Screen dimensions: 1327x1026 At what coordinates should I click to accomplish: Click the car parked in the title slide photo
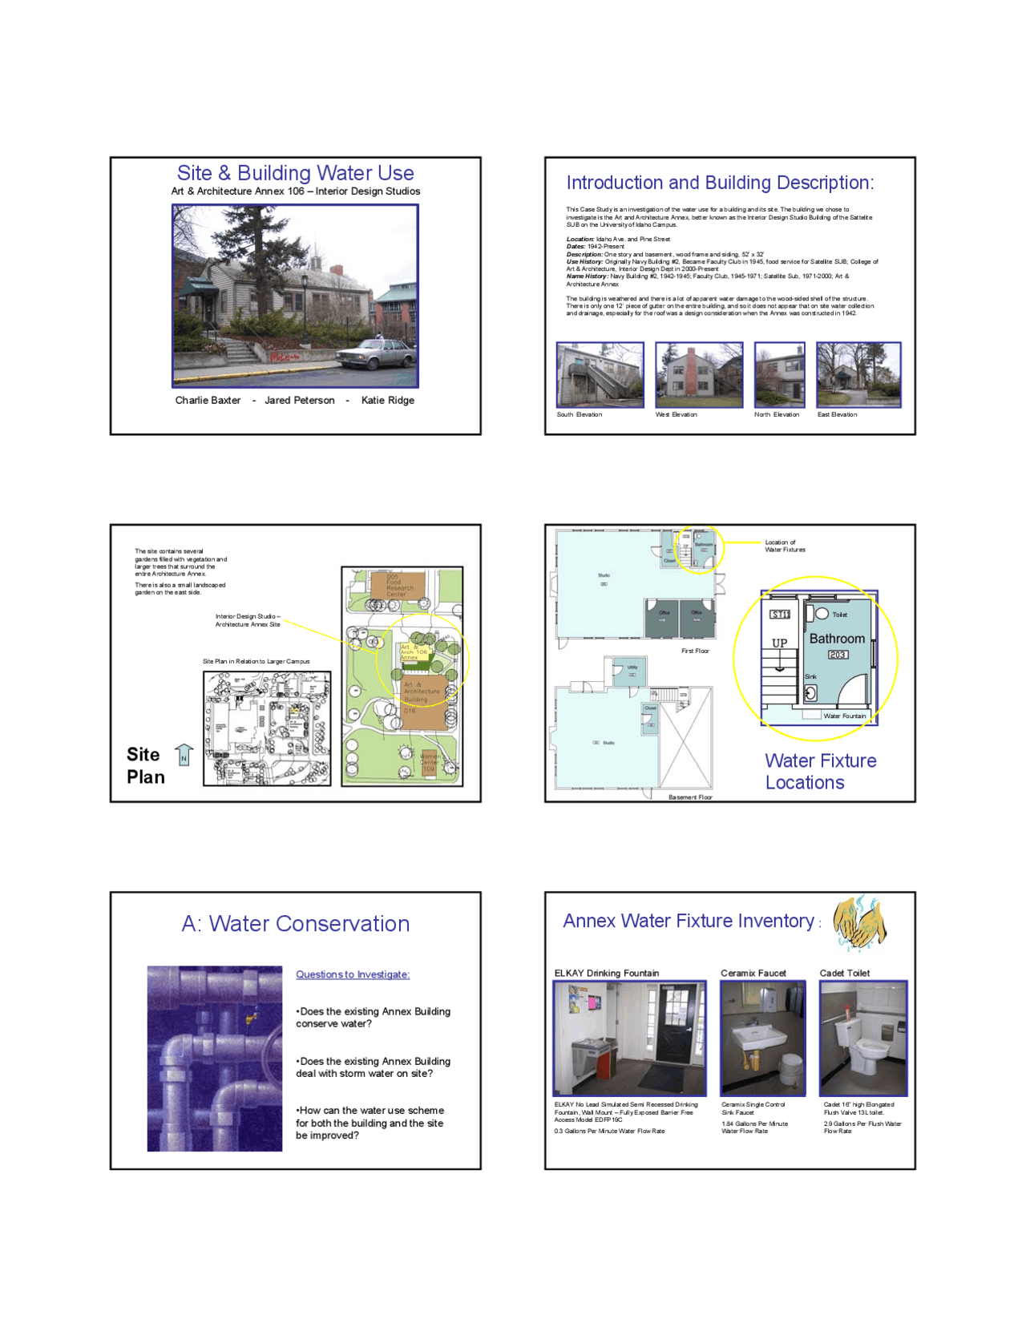(x=375, y=353)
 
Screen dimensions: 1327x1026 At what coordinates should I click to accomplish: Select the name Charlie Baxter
(x=208, y=401)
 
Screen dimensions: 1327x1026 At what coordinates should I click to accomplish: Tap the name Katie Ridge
(x=388, y=401)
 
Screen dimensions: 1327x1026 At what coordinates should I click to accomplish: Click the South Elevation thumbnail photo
(x=600, y=375)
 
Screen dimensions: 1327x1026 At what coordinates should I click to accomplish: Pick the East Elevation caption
(x=837, y=415)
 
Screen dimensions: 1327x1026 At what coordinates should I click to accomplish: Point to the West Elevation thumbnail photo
(x=699, y=375)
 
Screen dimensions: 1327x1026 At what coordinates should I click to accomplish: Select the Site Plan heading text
(x=145, y=765)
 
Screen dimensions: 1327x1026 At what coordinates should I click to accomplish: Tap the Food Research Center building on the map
(x=398, y=585)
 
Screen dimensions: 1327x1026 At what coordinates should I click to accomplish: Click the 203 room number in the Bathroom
(x=838, y=655)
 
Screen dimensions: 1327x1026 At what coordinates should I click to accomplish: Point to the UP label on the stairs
(x=779, y=643)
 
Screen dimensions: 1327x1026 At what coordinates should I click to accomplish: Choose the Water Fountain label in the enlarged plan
(x=844, y=716)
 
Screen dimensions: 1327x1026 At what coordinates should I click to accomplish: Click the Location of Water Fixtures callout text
(x=785, y=546)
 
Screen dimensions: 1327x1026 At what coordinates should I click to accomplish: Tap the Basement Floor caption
(x=690, y=797)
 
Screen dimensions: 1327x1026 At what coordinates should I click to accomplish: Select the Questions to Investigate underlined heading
(x=353, y=974)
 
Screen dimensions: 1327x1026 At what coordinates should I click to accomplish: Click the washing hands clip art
(x=859, y=922)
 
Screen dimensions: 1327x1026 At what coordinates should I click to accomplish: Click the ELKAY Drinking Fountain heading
(x=607, y=973)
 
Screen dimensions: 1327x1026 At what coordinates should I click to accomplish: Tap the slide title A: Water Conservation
(x=296, y=924)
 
